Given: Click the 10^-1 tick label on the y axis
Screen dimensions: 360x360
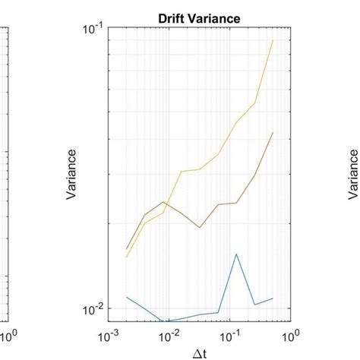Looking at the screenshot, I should tap(93, 30).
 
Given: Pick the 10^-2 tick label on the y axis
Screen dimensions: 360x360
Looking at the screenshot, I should tap(93, 311).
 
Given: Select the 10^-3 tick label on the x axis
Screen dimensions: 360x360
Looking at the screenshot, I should tap(109, 335).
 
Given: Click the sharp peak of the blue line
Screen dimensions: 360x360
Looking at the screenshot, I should tap(237, 254).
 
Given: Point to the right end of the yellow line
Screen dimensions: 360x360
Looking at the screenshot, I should tap(273, 40).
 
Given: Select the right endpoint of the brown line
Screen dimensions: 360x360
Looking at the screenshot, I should tap(273, 132).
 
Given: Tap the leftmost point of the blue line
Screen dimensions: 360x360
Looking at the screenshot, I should tap(126, 296).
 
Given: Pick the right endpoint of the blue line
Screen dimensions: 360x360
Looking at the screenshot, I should tap(273, 298).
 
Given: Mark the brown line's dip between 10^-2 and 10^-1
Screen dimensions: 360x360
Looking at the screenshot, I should tap(199, 227).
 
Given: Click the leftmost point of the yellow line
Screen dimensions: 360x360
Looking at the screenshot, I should tap(126, 257).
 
